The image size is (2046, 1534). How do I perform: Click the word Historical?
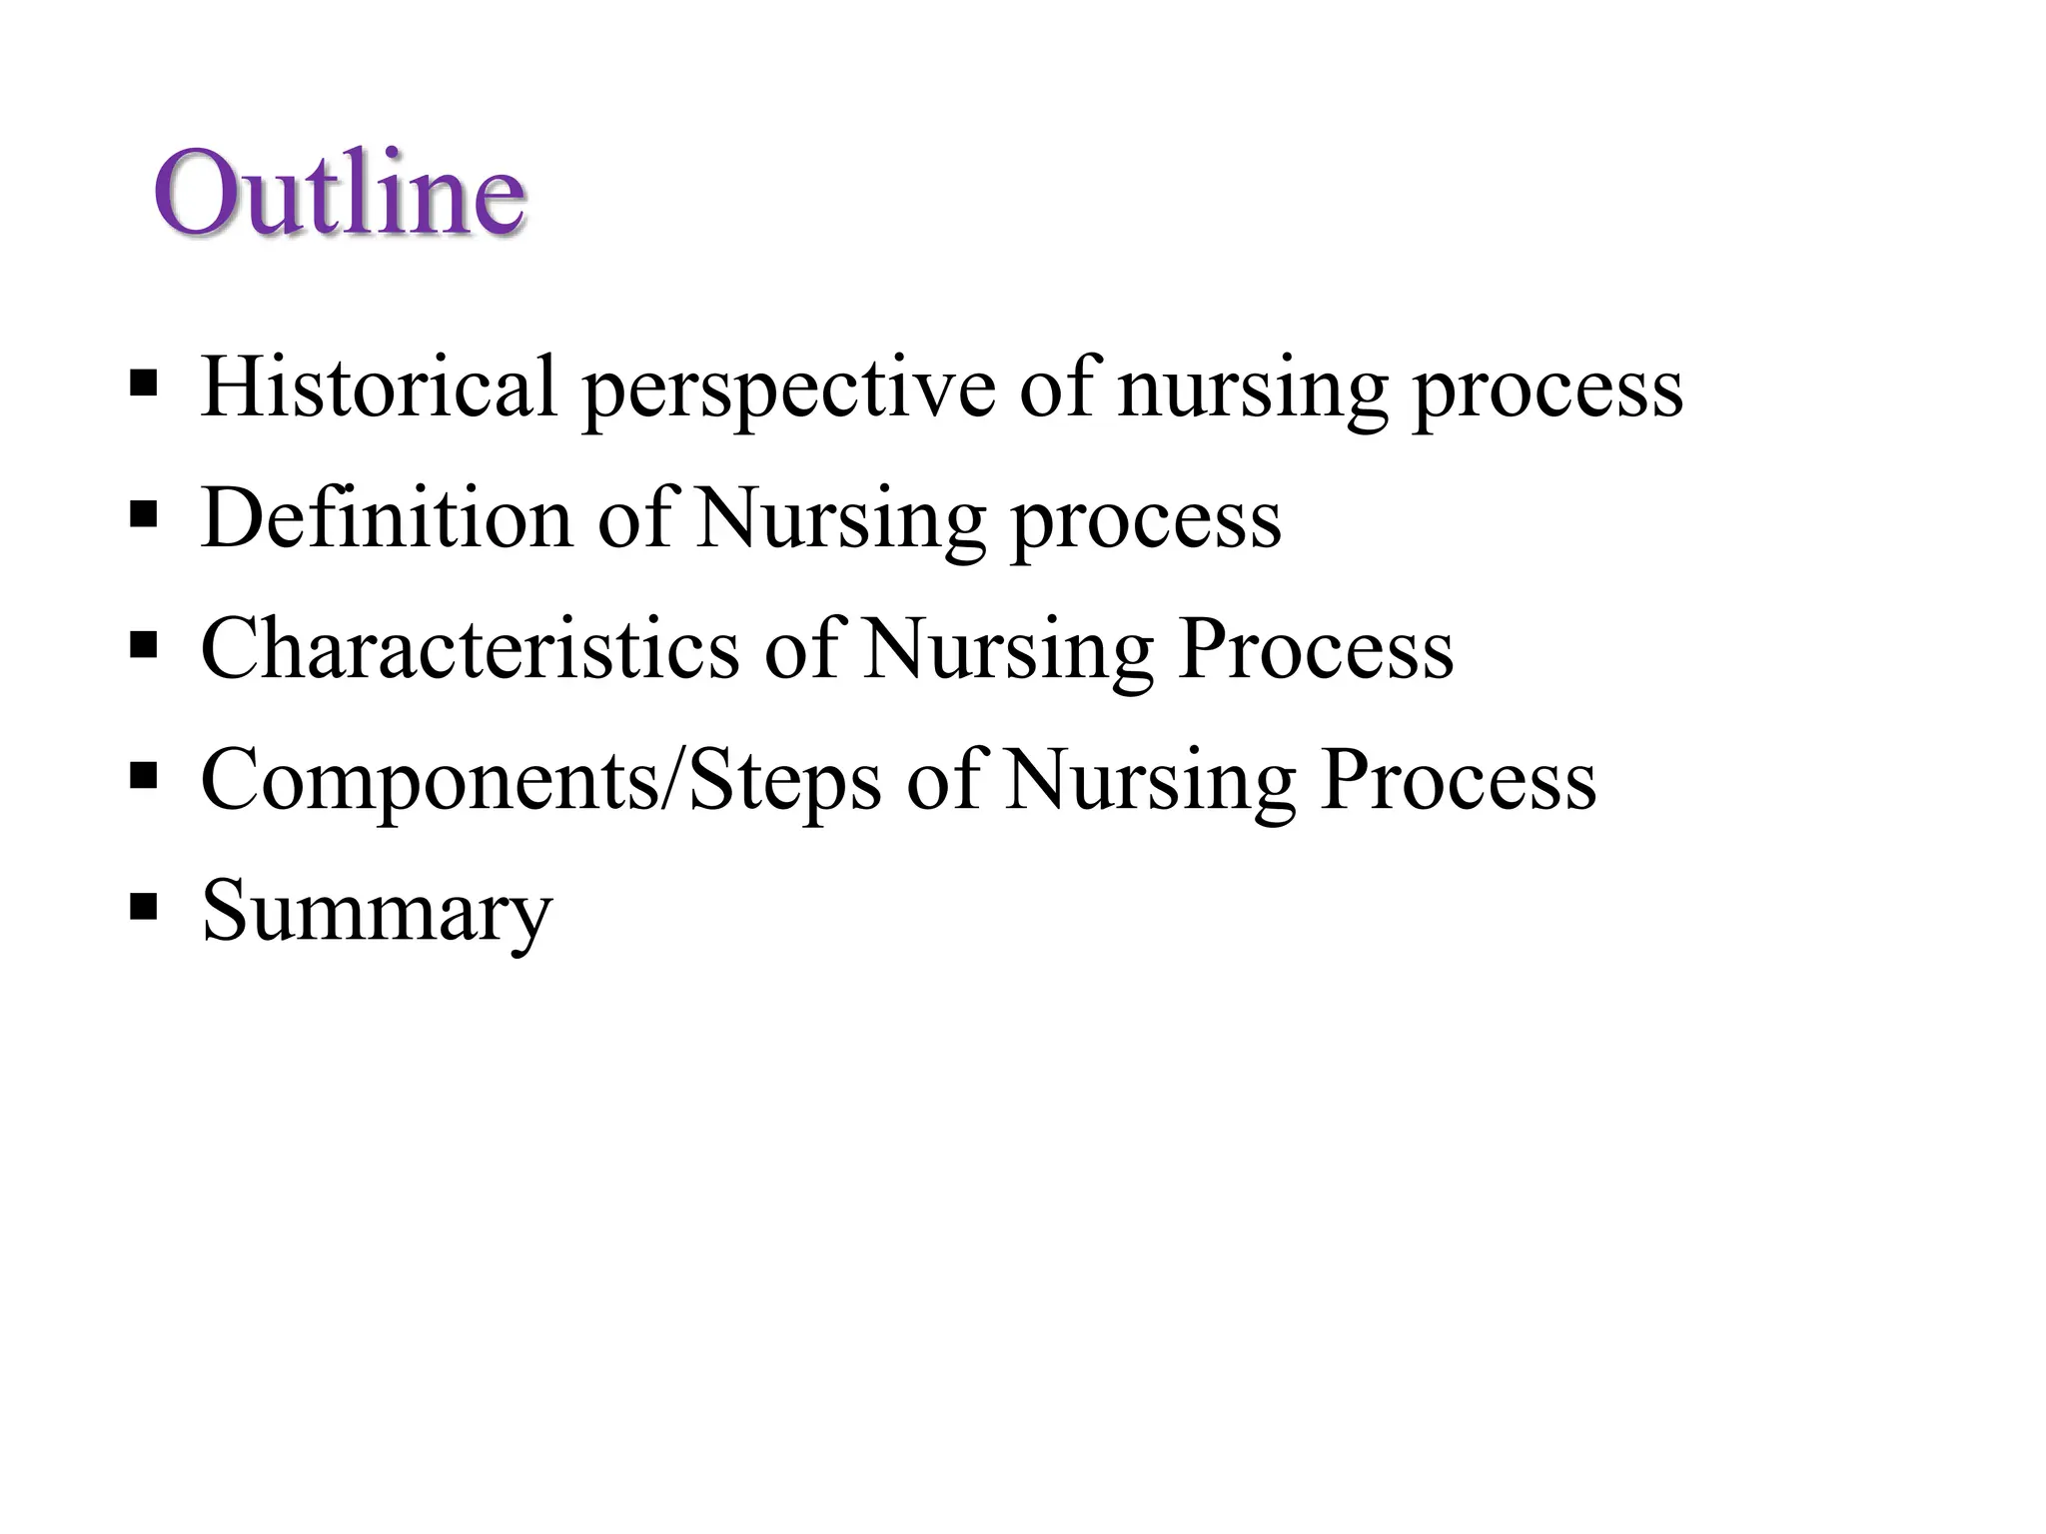tap(379, 386)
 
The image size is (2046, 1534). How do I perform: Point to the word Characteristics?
tap(471, 648)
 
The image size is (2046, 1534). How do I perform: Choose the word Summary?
tap(377, 912)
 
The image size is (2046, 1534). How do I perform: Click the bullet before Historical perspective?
tap(144, 383)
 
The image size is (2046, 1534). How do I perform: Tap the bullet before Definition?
tap(144, 515)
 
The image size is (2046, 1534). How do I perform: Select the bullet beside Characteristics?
tap(144, 646)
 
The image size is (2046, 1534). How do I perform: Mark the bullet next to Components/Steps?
tap(144, 777)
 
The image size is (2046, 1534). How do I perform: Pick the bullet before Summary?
tap(144, 908)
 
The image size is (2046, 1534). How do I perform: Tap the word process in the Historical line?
tap(1547, 391)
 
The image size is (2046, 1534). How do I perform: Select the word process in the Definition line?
tap(1146, 523)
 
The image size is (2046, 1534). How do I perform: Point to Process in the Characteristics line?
tap(1316, 649)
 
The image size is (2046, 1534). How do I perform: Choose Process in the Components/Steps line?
tap(1458, 780)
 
